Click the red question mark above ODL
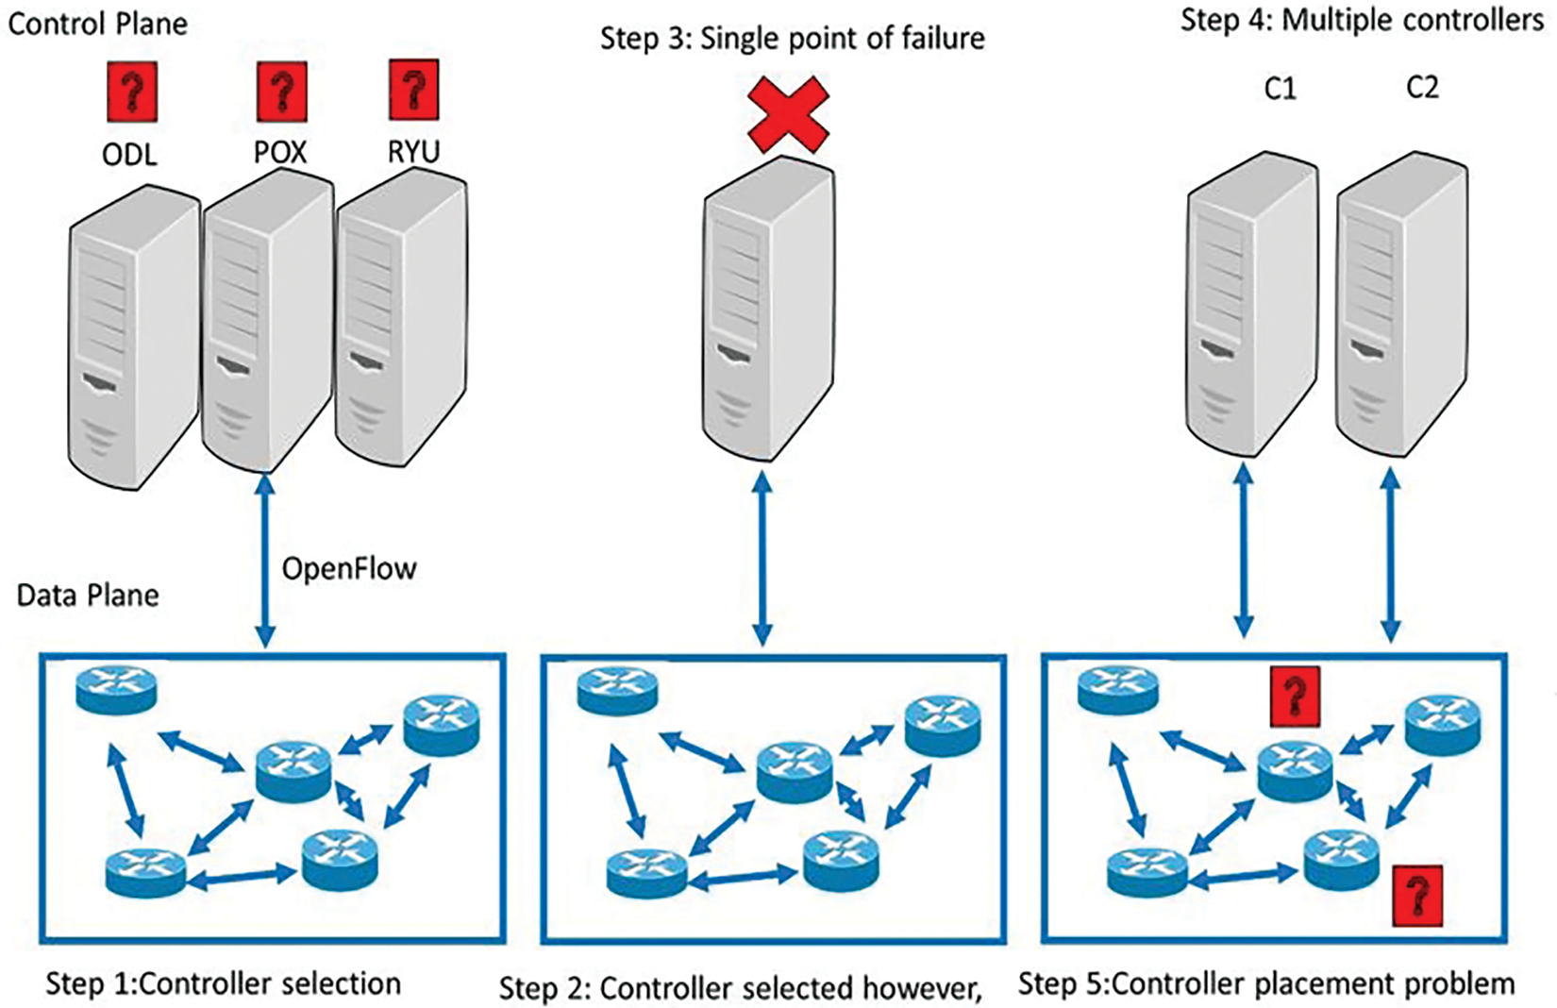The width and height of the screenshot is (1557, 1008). point(132,91)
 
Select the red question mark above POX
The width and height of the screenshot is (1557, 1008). point(282,91)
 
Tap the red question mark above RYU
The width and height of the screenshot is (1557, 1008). point(413,90)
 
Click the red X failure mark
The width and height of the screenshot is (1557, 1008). point(788,114)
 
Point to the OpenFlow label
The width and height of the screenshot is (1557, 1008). point(349,568)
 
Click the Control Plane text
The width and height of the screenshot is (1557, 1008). point(98,25)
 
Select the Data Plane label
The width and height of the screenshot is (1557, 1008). point(88,596)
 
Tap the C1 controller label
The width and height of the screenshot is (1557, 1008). point(1281,90)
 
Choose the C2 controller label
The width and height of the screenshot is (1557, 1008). point(1422,88)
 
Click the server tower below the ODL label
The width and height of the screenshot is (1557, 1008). point(134,337)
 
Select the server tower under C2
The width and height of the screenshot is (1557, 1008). point(1402,305)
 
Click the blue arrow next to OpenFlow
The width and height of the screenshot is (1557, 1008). point(265,561)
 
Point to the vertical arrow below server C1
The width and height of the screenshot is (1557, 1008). point(1244,550)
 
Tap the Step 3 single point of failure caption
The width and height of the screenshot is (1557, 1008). point(793,38)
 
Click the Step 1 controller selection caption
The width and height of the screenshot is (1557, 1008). point(223,983)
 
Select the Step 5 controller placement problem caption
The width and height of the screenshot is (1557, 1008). point(1266,983)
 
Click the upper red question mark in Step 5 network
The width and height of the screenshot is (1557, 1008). point(1295,697)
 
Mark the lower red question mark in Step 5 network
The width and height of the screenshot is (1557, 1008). point(1417,896)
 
